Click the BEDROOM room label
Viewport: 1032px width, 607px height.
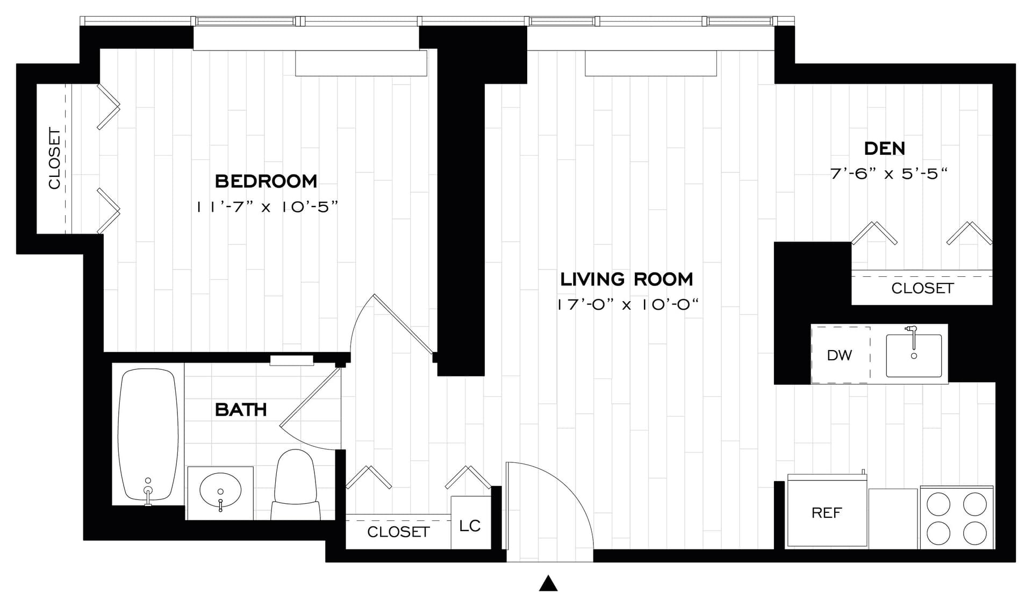click(x=266, y=181)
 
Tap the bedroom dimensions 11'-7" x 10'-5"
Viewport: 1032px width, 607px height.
click(x=267, y=207)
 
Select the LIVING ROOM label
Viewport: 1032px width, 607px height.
click(x=626, y=280)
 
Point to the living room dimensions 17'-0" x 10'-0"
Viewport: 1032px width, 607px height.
click(x=627, y=305)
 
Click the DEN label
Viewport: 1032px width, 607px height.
click(x=884, y=148)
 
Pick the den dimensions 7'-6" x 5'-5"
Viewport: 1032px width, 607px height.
click(x=888, y=174)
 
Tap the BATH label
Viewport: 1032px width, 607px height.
click(x=240, y=410)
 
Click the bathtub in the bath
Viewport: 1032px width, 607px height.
click(x=148, y=433)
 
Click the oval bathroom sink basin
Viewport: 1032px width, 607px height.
click(x=220, y=490)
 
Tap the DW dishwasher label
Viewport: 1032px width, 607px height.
click(x=839, y=355)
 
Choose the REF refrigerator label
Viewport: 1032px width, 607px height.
click(x=826, y=513)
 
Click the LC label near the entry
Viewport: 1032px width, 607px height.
click(x=470, y=526)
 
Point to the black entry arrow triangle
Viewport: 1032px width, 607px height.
click(x=548, y=584)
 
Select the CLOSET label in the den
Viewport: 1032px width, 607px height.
click(x=922, y=289)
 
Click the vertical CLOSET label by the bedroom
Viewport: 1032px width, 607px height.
click(x=54, y=158)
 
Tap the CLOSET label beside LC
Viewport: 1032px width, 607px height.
click(x=398, y=532)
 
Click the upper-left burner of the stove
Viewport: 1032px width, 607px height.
click(x=938, y=504)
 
